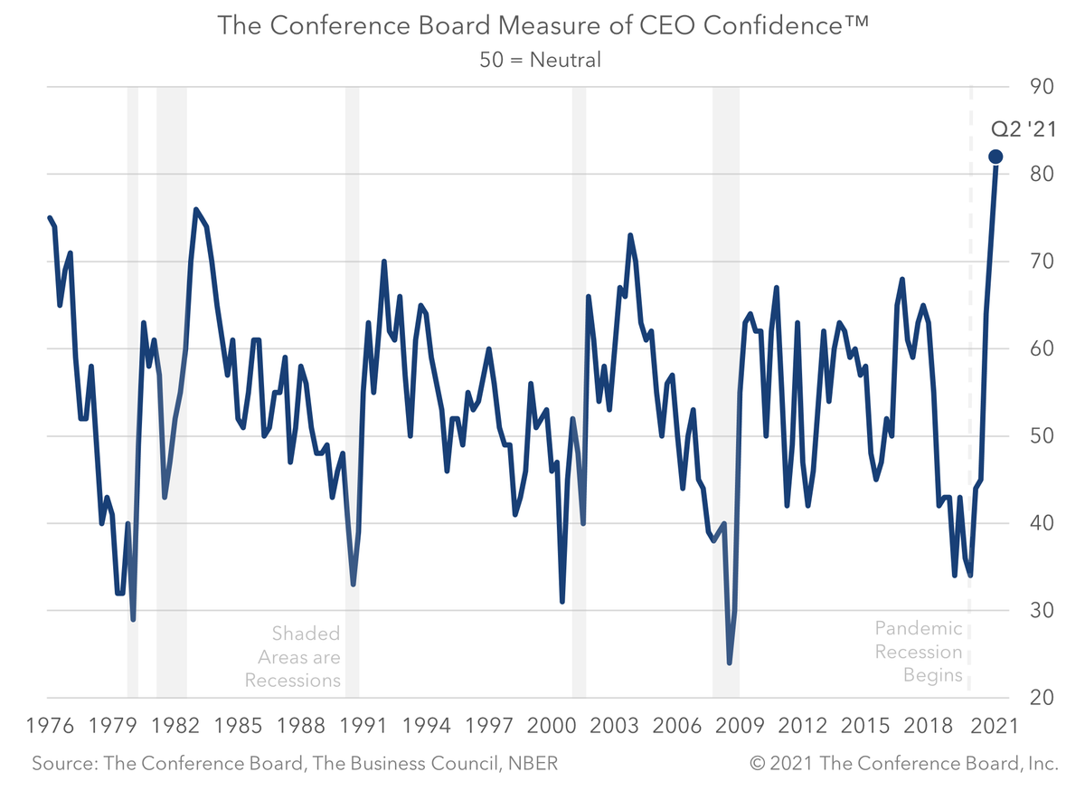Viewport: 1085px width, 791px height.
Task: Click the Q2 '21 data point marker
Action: click(995, 157)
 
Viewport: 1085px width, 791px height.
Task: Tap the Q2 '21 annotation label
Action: click(1024, 129)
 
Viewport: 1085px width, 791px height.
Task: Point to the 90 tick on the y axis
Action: click(1043, 87)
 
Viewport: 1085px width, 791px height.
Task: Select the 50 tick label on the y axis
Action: click(1043, 436)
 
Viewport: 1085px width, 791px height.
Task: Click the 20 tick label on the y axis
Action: click(1043, 698)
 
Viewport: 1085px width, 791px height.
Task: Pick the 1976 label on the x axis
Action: click(49, 726)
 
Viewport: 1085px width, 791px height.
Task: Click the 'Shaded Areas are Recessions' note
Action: click(293, 656)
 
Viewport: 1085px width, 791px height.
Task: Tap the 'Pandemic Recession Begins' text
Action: click(919, 652)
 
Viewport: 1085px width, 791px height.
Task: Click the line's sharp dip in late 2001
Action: click(562, 601)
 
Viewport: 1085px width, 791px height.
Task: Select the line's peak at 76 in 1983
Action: click(195, 209)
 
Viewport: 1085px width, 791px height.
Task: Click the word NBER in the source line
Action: click(532, 764)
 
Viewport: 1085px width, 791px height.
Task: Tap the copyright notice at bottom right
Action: click(903, 764)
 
